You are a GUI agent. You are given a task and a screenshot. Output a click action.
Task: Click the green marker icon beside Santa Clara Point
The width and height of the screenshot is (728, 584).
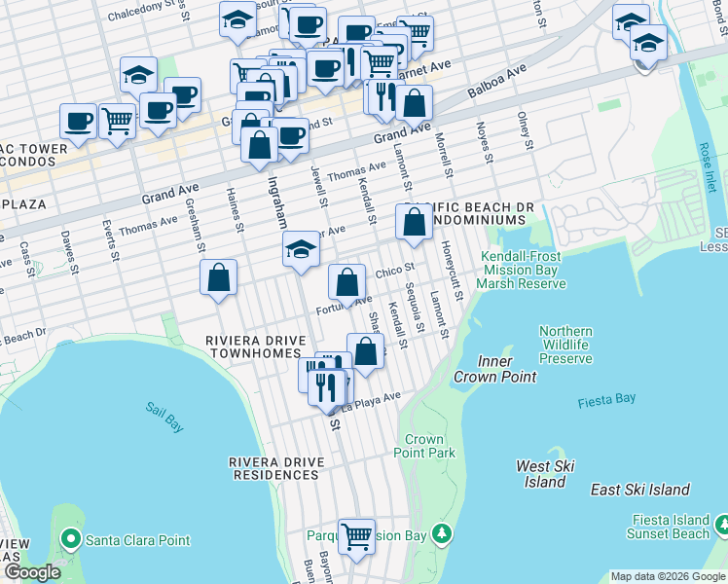(69, 538)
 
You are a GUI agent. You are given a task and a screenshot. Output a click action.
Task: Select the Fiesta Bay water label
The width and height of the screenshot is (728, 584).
(606, 400)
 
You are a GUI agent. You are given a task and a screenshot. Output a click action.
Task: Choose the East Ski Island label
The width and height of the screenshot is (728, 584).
(639, 490)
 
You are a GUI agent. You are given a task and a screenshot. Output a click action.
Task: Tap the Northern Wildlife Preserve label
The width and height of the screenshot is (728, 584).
(565, 346)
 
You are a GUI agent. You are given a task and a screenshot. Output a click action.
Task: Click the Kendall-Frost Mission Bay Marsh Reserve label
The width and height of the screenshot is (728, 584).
(522, 270)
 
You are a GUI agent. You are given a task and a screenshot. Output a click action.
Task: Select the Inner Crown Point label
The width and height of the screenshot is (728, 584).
(494, 369)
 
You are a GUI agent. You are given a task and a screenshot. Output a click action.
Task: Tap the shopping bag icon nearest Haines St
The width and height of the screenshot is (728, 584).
(219, 277)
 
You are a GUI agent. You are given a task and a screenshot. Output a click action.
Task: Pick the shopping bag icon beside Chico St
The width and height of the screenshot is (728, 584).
(347, 283)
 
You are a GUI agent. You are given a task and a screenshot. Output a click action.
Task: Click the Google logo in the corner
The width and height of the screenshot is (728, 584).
(32, 572)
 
